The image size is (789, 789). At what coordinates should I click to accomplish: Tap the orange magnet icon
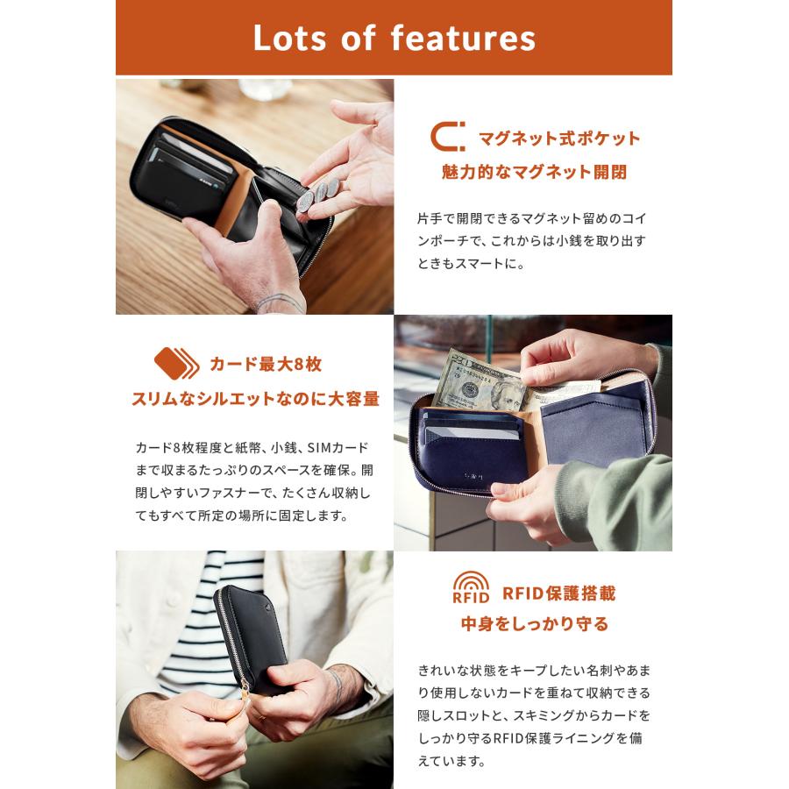(x=447, y=139)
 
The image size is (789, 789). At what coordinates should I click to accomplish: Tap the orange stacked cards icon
(x=176, y=362)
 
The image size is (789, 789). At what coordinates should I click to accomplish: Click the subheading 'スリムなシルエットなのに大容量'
(x=255, y=398)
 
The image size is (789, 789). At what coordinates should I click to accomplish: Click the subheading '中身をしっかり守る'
(x=534, y=625)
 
